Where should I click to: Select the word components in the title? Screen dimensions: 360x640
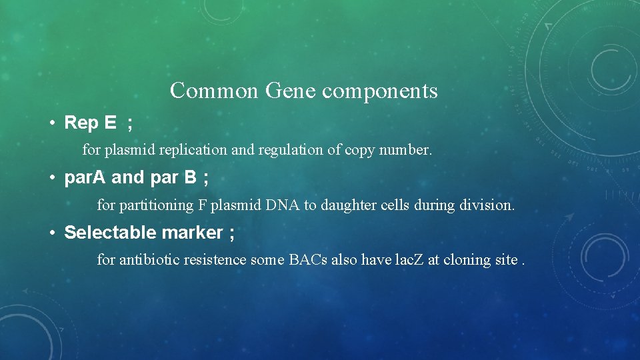[x=380, y=91]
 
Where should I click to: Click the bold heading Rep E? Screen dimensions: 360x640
[x=90, y=123]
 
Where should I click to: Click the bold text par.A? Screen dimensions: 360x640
[x=86, y=178]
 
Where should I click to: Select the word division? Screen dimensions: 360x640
[x=487, y=205]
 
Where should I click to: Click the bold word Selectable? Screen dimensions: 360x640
[x=110, y=233]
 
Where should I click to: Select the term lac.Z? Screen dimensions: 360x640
[x=408, y=259]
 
